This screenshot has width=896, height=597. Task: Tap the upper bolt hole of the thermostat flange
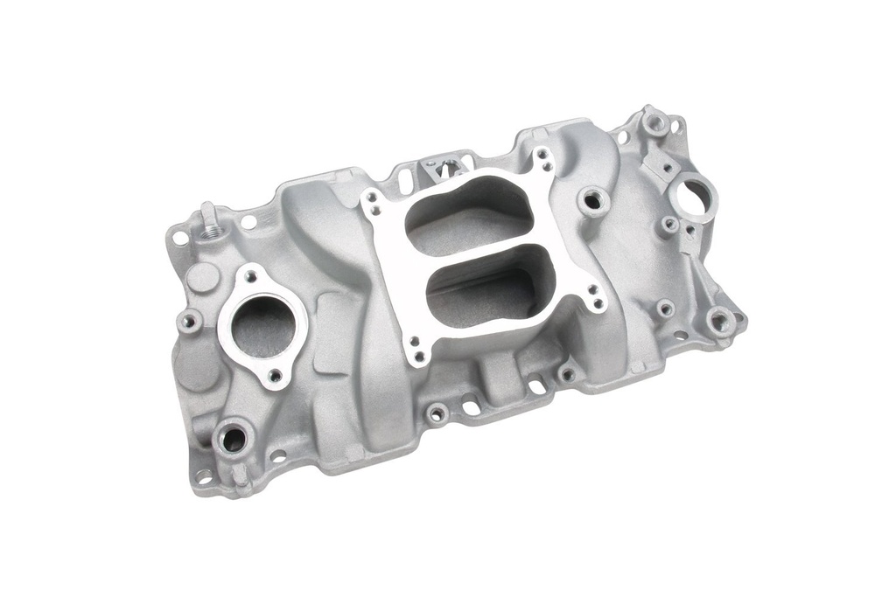pyautogui.click(x=251, y=276)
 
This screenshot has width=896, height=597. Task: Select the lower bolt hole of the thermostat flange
pyautogui.click(x=275, y=375)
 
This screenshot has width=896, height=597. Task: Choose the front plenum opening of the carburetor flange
pyautogui.click(x=490, y=298)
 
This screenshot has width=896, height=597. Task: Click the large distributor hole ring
pyautogui.click(x=696, y=197)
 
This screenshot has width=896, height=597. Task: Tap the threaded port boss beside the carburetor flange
pyautogui.click(x=592, y=200)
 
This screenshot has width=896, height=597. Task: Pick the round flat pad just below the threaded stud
pyautogui.click(x=202, y=278)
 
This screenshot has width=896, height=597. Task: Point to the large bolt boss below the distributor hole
pyautogui.click(x=722, y=321)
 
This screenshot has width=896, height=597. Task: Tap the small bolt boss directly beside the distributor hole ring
pyautogui.click(x=669, y=225)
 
